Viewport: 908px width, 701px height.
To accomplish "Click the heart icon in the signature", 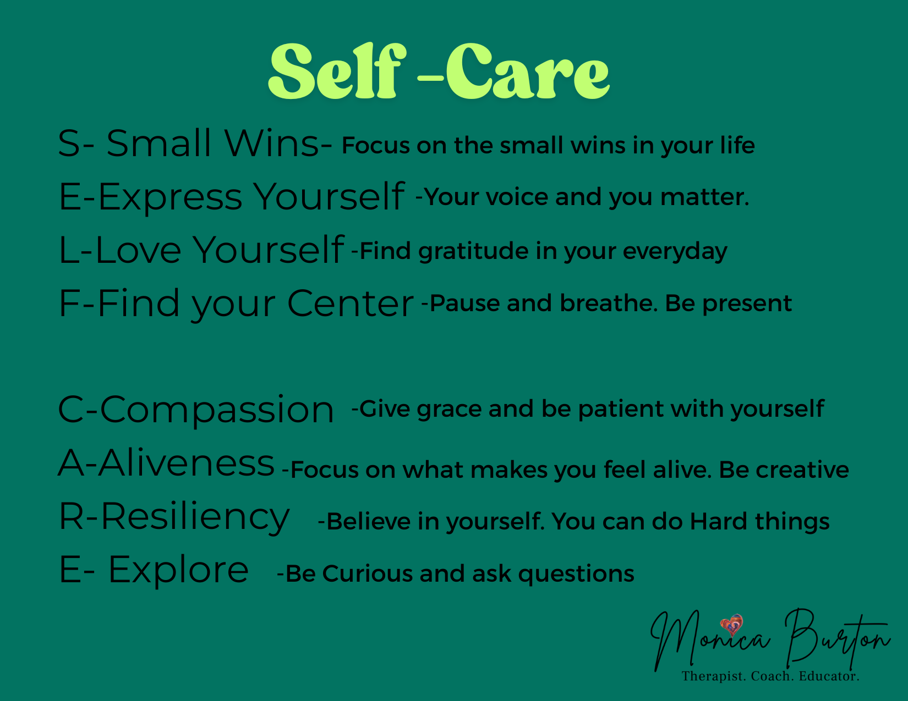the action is click(x=731, y=625).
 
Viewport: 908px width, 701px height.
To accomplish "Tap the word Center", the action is click(x=350, y=303).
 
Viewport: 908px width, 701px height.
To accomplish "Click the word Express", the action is click(x=170, y=197).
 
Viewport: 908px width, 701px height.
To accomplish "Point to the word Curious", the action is click(x=368, y=573).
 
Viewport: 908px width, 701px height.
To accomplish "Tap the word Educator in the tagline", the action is click(x=829, y=676).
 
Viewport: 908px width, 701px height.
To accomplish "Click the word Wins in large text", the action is click(x=272, y=143).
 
